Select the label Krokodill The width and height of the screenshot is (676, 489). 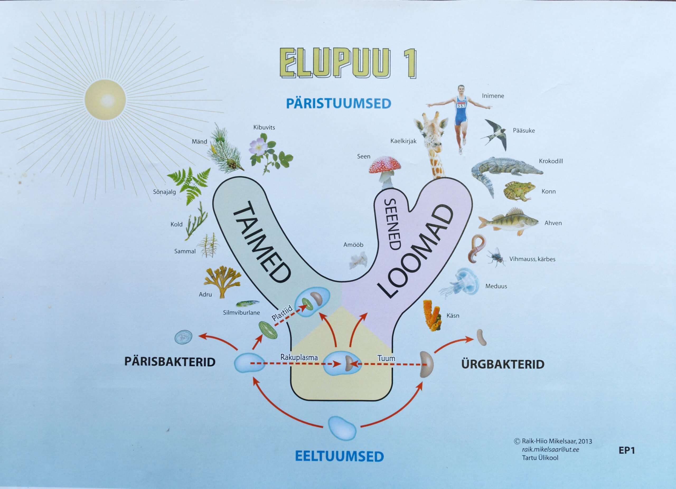pos(551,161)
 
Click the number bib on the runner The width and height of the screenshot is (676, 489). pos(461,105)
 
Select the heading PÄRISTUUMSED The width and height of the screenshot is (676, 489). pos(338,104)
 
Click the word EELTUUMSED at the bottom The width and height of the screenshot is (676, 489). pos(339,457)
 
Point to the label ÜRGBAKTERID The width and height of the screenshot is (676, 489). pos(503,364)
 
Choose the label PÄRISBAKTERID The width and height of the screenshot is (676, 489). pos(170,362)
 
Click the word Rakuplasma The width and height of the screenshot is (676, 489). pos(299,357)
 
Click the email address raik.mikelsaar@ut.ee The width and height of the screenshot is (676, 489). pos(550,450)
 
